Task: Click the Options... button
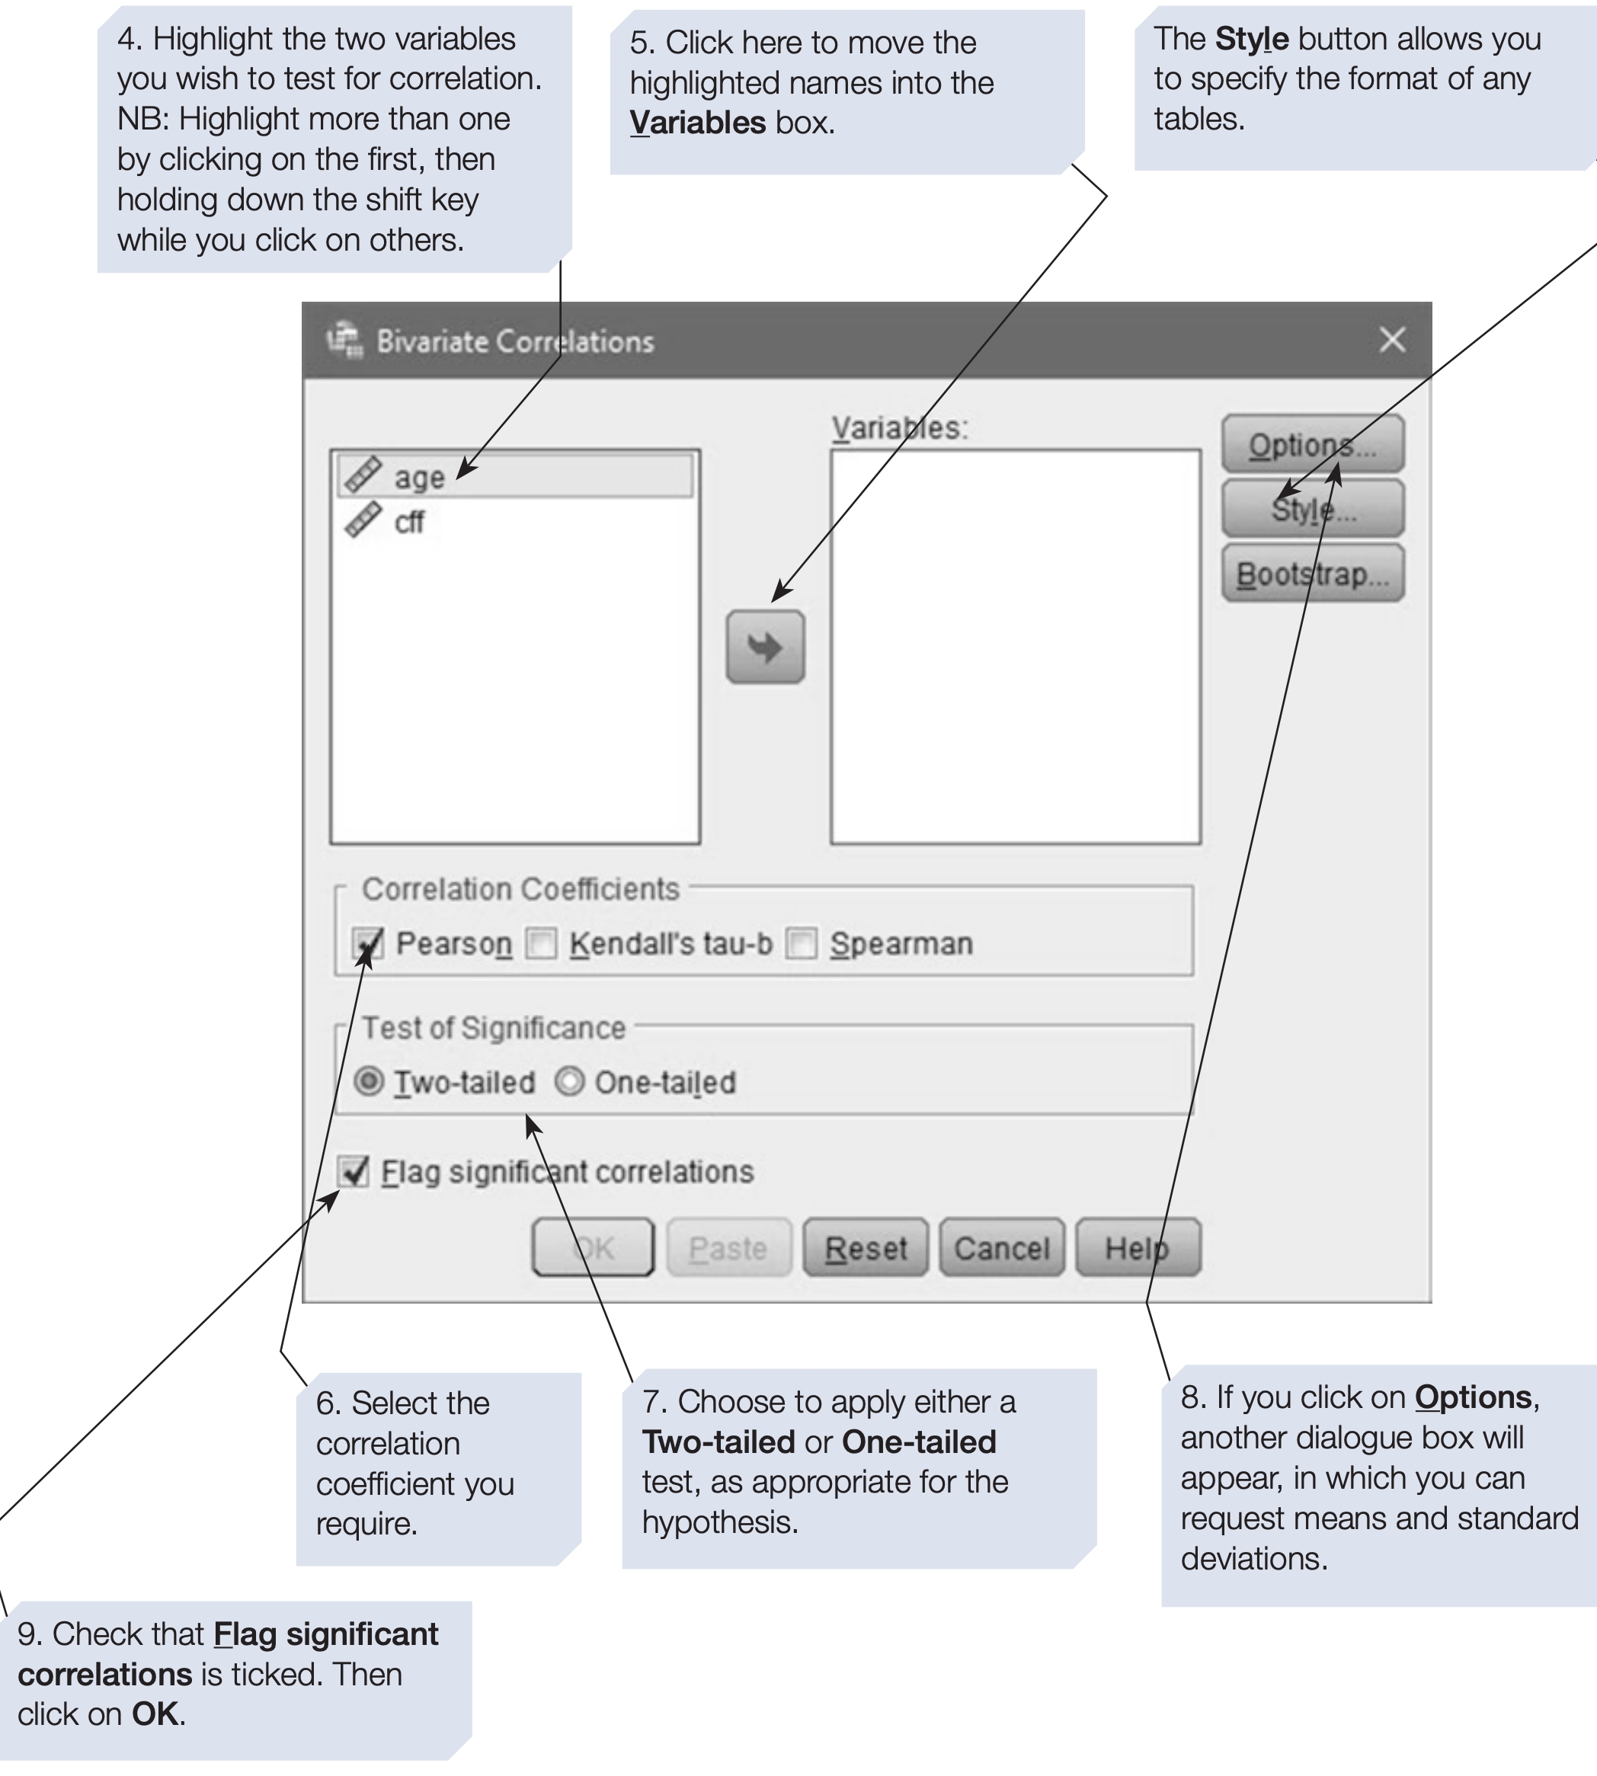[1312, 445]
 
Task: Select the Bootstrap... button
[1312, 574]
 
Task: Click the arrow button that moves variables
[764, 648]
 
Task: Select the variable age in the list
[419, 478]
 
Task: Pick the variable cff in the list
[409, 522]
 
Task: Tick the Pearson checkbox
[368, 944]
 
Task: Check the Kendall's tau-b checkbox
[540, 944]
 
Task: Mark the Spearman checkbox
[801, 944]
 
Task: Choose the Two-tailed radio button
[369, 1081]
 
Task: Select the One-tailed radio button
[569, 1081]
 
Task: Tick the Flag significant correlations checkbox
[354, 1171]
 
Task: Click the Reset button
[866, 1248]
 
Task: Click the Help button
[1138, 1248]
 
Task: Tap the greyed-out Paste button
[728, 1248]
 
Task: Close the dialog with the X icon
[1392, 340]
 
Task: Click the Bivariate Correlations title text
[515, 341]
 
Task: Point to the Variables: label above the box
[899, 428]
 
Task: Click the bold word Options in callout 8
[1474, 1397]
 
